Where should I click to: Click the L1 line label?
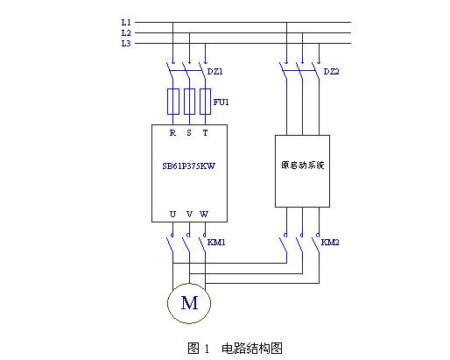click(126, 22)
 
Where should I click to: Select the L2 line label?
click(126, 32)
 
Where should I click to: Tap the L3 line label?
click(126, 44)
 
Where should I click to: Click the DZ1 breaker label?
click(215, 71)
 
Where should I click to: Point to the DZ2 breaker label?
click(332, 71)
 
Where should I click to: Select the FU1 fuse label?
click(221, 102)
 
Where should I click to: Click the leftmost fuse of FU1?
click(173, 102)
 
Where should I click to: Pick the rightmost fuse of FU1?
click(205, 102)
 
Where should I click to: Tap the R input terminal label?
click(172, 133)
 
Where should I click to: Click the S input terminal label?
click(189, 133)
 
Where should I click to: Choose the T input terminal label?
click(206, 133)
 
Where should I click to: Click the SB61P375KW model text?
click(188, 166)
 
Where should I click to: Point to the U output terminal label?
click(172, 214)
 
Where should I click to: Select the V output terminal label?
click(189, 214)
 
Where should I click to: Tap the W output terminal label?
click(204, 214)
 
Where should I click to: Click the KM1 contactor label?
click(216, 242)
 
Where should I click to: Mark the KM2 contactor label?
click(330, 242)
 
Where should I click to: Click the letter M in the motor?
click(189, 303)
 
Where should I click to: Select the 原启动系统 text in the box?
click(303, 165)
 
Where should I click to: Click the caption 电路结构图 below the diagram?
click(252, 348)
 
